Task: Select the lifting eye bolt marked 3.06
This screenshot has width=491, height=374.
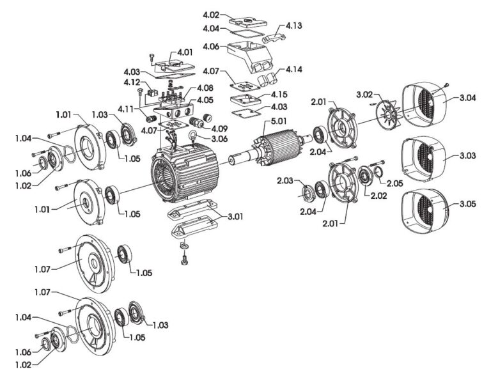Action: point(192,137)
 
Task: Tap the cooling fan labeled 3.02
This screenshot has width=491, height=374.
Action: point(387,114)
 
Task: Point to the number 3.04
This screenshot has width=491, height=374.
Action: point(467,98)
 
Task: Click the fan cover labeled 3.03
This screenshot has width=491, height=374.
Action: point(423,157)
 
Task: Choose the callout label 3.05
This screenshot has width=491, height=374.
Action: point(467,204)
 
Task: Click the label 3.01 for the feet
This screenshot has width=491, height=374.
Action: point(235,217)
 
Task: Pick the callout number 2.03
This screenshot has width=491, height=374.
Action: point(285,180)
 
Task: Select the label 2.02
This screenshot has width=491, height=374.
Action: point(378,196)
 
